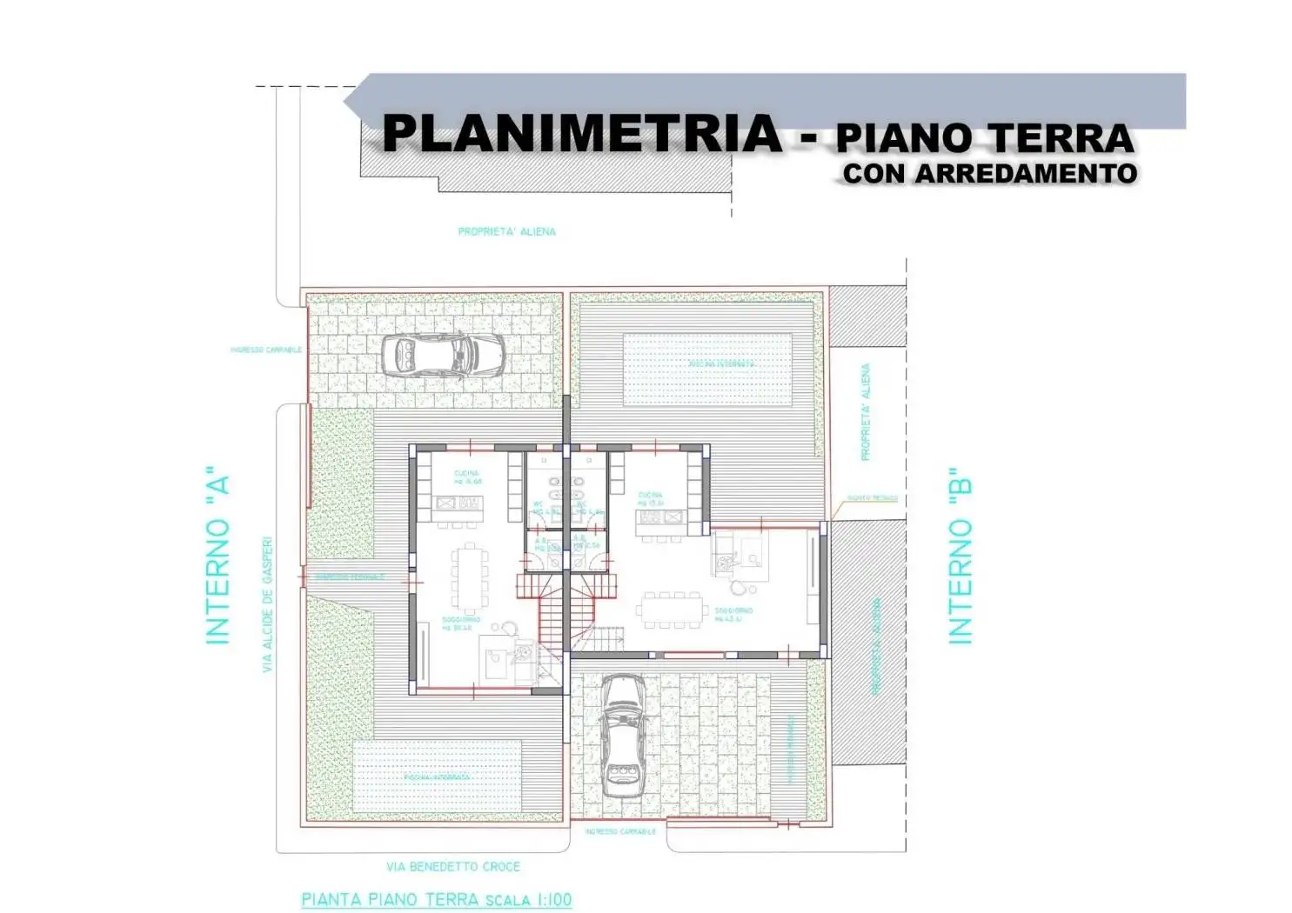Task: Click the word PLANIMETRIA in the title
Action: [582, 134]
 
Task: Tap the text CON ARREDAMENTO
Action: [989, 173]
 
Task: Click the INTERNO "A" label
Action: [218, 560]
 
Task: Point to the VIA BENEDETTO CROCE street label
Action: [453, 867]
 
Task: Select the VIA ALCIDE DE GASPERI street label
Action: [268, 603]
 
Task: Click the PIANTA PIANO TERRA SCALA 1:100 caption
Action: [437, 900]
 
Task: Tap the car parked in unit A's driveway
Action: [444, 354]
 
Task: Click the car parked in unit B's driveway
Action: [623, 736]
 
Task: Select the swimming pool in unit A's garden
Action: [437, 776]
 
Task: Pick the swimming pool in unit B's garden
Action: [706, 370]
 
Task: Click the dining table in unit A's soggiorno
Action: [470, 577]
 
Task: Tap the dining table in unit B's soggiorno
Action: [673, 610]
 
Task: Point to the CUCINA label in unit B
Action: [650, 498]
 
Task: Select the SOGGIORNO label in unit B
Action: [733, 613]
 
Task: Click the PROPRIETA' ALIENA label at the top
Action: [506, 232]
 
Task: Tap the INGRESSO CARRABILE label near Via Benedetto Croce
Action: [619, 832]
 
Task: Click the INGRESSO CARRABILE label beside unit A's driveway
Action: [266, 350]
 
